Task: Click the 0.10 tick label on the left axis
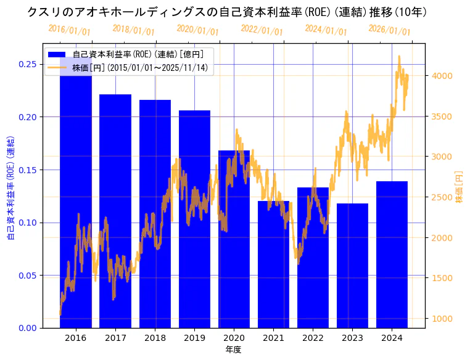tap(27, 223)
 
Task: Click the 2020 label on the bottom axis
tap(234, 338)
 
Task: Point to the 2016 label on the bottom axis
tap(76, 338)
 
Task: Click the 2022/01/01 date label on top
tap(262, 30)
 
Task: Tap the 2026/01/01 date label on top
tap(390, 30)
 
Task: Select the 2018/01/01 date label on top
tap(134, 30)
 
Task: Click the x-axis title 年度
tap(233, 350)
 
